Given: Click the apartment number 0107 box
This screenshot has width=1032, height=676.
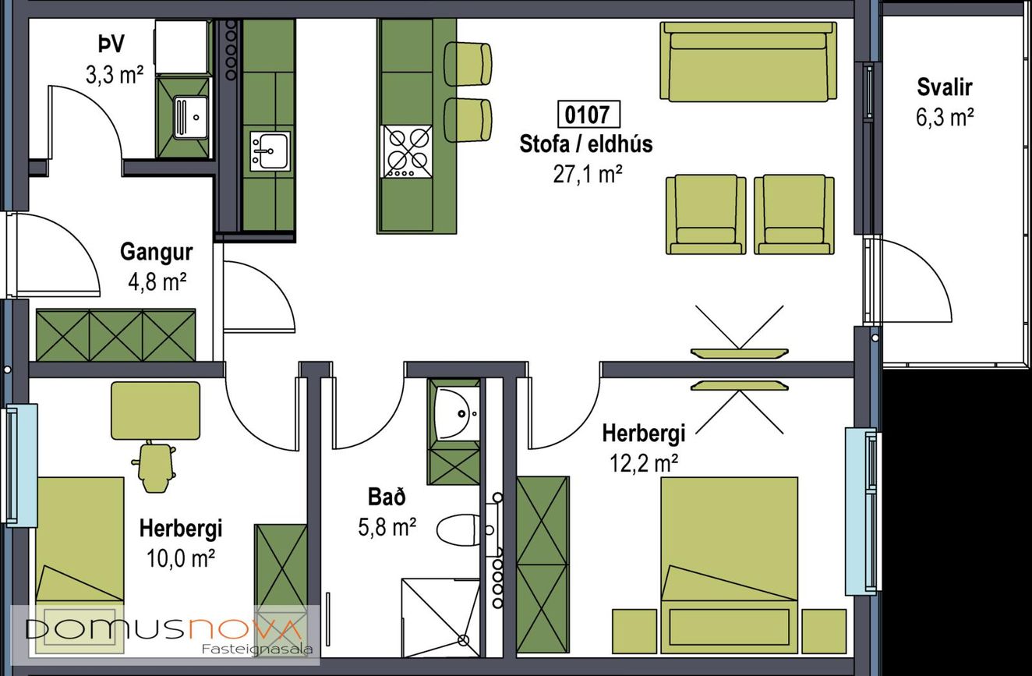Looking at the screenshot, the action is click(588, 115).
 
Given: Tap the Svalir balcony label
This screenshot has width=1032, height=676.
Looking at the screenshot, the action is click(945, 87).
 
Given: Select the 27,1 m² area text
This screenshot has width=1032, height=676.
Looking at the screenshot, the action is click(588, 175).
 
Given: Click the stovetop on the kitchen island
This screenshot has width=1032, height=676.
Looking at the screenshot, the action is click(408, 151).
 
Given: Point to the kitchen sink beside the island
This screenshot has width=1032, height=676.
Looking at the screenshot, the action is click(270, 150).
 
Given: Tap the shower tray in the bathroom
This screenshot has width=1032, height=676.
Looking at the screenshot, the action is click(441, 618).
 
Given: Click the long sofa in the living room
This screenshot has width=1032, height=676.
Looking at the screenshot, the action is click(748, 62).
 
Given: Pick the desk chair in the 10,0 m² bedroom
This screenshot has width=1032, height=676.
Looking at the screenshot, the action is click(154, 466).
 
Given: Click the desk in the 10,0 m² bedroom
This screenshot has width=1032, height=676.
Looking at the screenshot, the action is click(156, 411).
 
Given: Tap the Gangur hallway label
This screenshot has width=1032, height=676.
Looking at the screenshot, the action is click(157, 252).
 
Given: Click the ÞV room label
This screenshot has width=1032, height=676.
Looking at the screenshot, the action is click(111, 44).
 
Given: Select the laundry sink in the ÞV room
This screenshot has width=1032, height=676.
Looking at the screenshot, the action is click(191, 117).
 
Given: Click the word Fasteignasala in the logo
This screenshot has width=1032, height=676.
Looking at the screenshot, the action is click(257, 649).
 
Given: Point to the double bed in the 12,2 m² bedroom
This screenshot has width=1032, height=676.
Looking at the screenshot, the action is click(730, 565).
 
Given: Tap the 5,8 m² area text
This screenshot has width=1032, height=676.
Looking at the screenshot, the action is click(387, 527).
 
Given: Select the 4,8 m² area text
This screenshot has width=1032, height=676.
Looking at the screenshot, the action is click(157, 282).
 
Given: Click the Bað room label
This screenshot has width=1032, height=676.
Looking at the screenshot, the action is click(387, 497).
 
